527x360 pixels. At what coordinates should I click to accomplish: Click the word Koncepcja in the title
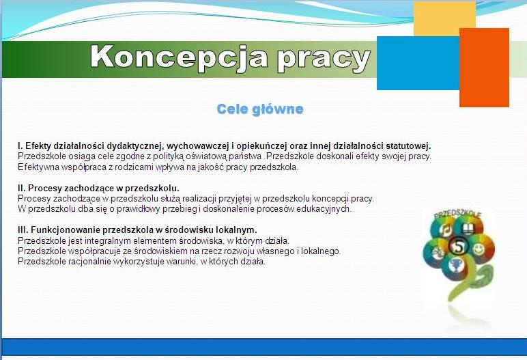(179, 58)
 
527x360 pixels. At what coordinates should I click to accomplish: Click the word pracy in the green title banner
(324, 59)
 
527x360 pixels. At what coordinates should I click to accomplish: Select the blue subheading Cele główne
(260, 109)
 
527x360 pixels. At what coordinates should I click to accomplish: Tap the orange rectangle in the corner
(484, 68)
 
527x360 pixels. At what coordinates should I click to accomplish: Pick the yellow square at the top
(444, 17)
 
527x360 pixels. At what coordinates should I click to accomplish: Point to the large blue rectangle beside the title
(418, 63)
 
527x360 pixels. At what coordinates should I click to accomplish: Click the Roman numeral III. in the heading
(23, 230)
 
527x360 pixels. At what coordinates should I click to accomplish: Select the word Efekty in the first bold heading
(38, 146)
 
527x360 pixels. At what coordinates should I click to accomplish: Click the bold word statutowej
(408, 146)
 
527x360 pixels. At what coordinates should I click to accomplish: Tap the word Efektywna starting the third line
(38, 167)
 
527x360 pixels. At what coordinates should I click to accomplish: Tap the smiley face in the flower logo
(479, 249)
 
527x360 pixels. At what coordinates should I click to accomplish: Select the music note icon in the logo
(446, 230)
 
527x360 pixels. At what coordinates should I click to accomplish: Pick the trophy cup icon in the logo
(457, 266)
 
